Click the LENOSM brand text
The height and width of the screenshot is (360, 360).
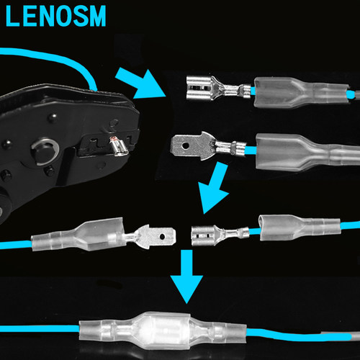point(55,16)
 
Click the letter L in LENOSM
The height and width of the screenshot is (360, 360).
point(12,16)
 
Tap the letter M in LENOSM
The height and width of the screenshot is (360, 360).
point(97,16)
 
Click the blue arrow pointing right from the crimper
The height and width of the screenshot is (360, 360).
point(141,84)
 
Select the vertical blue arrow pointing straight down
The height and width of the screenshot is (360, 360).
point(186,276)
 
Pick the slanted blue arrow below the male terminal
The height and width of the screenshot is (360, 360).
point(213,187)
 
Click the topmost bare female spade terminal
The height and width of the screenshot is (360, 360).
point(219,89)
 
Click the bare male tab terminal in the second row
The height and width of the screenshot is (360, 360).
point(208,146)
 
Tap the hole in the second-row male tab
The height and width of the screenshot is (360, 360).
point(186,145)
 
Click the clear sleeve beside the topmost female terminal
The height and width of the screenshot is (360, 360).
point(301,92)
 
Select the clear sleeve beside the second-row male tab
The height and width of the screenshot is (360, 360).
point(308,153)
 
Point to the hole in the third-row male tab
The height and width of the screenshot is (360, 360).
point(163,237)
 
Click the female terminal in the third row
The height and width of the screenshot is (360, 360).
point(220,235)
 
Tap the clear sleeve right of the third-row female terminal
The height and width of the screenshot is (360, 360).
point(300,228)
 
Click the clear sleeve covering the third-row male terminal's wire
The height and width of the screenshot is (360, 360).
point(78,235)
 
